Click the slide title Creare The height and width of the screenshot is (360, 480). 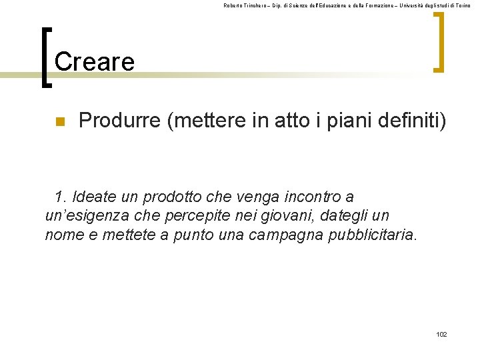click(95, 62)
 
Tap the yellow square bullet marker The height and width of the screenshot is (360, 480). click(59, 122)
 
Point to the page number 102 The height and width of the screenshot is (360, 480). click(441, 334)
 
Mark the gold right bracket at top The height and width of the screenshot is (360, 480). click(438, 43)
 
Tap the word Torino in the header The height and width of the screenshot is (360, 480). click(463, 5)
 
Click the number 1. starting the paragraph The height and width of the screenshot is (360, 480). click(61, 197)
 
